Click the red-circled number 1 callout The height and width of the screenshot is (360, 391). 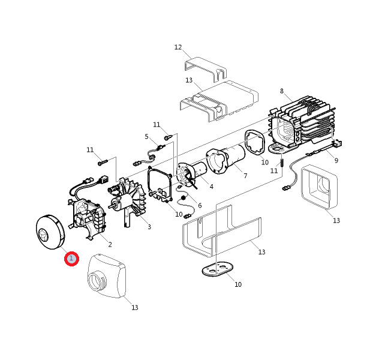(71, 259)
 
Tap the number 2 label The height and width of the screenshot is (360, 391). (110, 244)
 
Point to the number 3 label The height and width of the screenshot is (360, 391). (149, 227)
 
